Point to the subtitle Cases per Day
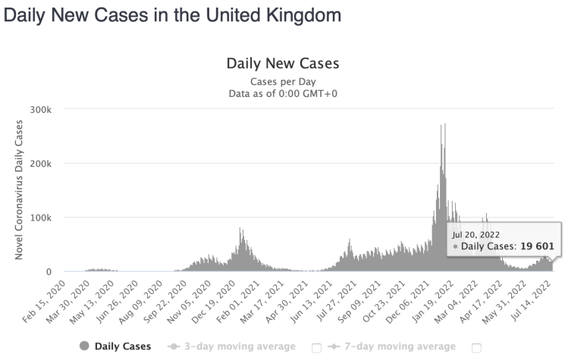[282, 81]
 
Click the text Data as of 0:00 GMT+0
[282, 93]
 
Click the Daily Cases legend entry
[122, 346]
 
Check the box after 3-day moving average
[316, 348]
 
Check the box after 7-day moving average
[476, 348]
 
